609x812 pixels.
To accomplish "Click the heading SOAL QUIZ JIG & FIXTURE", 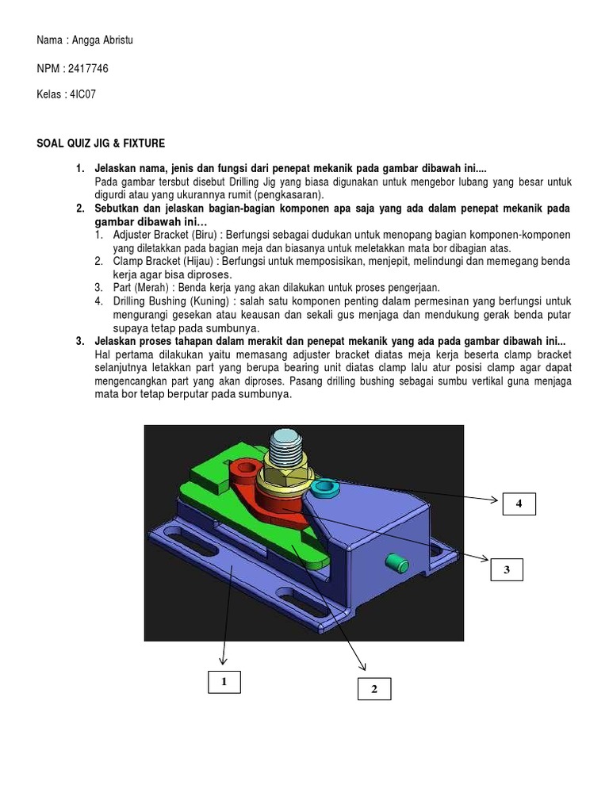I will (101, 144).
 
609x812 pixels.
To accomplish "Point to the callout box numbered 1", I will (224, 682).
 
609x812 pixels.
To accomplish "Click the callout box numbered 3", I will (505, 569).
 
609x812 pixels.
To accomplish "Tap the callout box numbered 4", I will (519, 503).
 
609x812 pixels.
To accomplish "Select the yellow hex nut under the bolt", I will (282, 478).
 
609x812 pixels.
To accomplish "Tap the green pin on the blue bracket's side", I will (396, 564).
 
